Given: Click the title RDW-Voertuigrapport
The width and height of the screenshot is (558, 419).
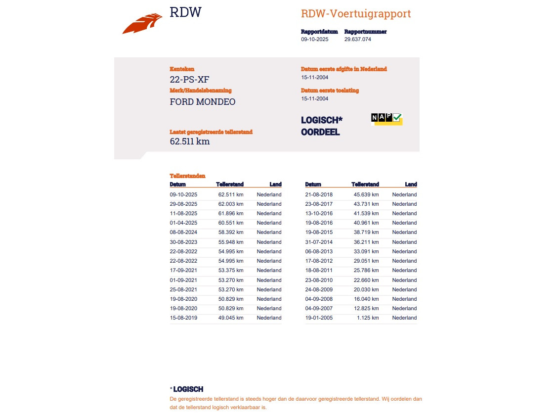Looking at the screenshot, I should pos(355,14).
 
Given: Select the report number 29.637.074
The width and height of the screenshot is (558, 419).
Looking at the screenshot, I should pos(357,40).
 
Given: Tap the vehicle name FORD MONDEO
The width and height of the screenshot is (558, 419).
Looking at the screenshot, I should pos(203,102).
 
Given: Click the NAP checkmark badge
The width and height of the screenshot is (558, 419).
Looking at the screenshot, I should pos(386,118).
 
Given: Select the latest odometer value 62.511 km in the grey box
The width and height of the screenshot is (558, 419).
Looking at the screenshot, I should pos(190,141).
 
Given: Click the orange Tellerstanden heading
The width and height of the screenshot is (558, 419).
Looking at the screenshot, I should pos(187,176).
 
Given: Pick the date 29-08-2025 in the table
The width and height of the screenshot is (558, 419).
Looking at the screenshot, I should pos(183,204).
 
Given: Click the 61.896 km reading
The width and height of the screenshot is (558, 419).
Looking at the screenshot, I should pos(231,213).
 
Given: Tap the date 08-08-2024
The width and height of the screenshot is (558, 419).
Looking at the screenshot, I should pos(183,232).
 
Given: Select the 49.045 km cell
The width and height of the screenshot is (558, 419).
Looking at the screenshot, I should pos(231,318).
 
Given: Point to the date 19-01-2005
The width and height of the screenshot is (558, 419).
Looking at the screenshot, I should pos(319,318).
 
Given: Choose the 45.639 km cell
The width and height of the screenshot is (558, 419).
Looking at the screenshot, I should pos(366,194).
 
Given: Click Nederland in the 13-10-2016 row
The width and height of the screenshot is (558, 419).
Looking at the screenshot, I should pos(404,213).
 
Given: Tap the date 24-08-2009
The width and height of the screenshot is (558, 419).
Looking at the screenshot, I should pos(319,289).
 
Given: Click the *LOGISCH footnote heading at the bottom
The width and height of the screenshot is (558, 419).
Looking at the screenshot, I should pos(187,389).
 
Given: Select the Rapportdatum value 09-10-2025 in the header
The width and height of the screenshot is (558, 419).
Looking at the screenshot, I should pos(314,40).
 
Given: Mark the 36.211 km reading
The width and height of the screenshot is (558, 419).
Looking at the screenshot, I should pos(366,242).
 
